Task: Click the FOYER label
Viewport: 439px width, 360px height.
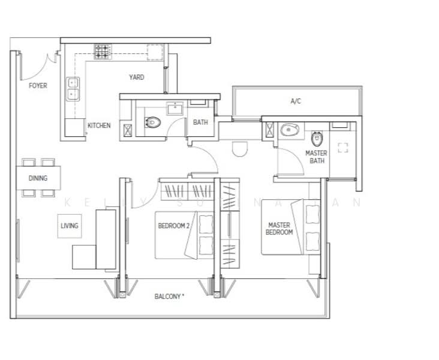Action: tap(38, 86)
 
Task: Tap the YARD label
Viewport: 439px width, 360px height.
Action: tap(136, 77)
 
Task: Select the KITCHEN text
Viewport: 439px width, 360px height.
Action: tap(99, 125)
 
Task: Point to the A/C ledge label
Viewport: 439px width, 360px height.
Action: tap(296, 102)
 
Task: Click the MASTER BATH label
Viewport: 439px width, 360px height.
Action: tap(316, 157)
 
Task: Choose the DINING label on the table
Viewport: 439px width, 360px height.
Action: tap(38, 178)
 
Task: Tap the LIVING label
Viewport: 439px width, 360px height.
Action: tap(70, 226)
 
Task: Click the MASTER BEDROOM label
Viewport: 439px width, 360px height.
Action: tap(279, 229)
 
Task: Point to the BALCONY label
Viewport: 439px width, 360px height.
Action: tap(169, 296)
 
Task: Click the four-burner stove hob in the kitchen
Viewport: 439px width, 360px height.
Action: tap(102, 52)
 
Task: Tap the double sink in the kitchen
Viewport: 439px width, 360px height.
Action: tap(74, 89)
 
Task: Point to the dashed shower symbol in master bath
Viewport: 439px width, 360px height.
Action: tap(343, 148)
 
